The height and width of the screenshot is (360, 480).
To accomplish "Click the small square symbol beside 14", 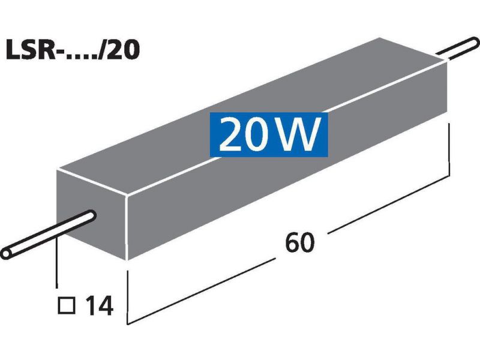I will (x=68, y=307).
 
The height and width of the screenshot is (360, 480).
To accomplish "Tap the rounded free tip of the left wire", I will (x=7, y=250).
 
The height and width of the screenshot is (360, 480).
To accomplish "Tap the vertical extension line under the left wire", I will (x=56, y=264).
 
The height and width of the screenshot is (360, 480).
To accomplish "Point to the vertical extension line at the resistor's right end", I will (x=449, y=150).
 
